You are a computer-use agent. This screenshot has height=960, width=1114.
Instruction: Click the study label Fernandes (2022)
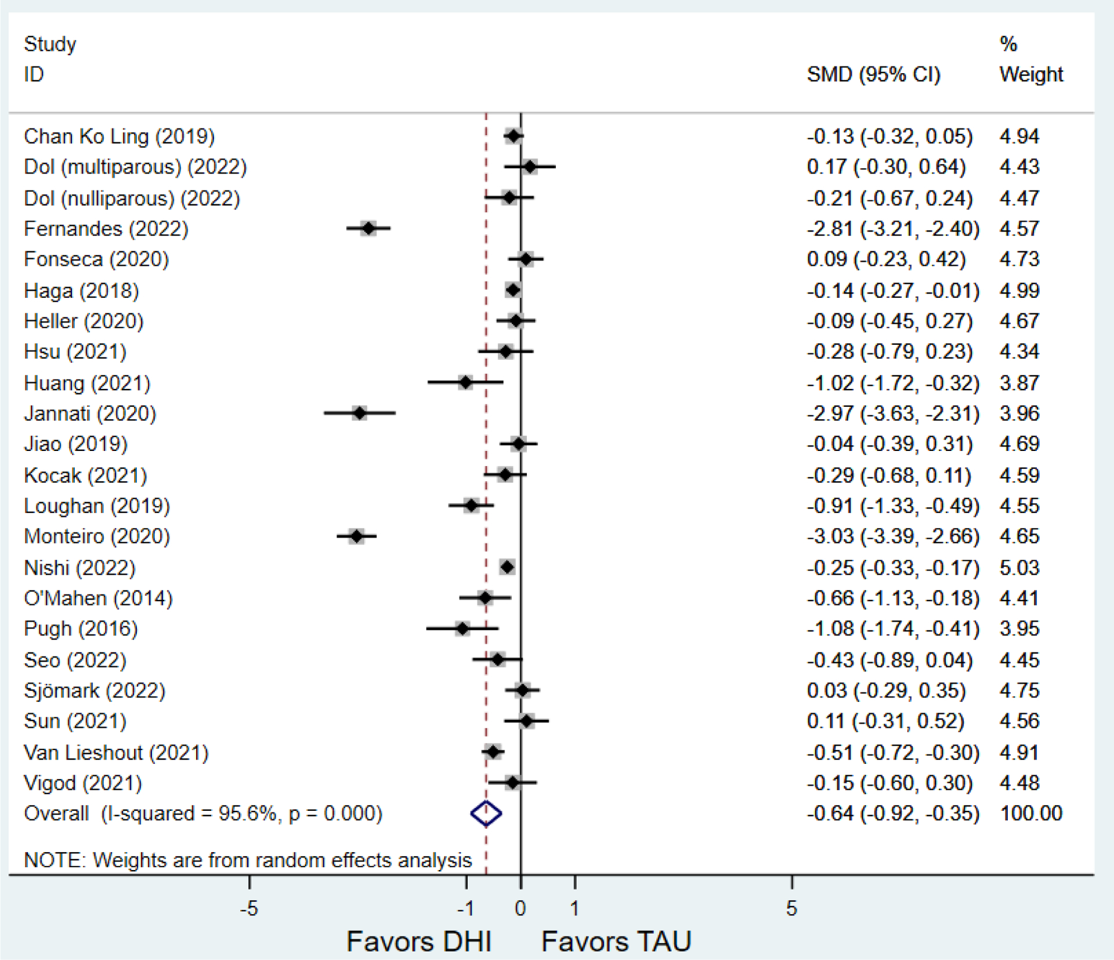coord(106,229)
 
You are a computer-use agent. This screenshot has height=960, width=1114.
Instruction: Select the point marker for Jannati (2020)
coord(360,413)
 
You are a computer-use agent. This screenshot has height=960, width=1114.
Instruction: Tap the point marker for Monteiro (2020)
coord(357,536)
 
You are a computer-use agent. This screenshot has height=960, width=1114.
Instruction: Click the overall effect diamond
coord(486,813)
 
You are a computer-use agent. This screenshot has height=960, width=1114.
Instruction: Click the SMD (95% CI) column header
coord(873,74)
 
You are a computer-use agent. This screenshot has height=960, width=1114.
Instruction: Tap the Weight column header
coord(1031,74)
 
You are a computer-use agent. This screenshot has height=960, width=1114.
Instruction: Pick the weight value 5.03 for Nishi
coord(1019,567)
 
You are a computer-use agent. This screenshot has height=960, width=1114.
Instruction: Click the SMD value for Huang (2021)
coord(893,383)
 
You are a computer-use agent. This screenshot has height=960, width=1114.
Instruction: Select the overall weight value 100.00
coord(1031,813)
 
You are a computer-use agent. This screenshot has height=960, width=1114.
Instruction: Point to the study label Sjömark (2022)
coord(95,691)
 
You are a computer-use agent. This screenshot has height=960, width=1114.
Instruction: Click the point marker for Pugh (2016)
coord(462,629)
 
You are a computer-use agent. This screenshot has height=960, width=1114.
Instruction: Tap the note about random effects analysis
coord(248,860)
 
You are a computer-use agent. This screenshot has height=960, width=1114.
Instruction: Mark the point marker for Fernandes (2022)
coord(368,229)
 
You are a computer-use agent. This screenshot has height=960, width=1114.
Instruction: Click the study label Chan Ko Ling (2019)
coord(119,136)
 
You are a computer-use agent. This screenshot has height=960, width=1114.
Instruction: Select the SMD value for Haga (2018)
coord(893,291)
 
